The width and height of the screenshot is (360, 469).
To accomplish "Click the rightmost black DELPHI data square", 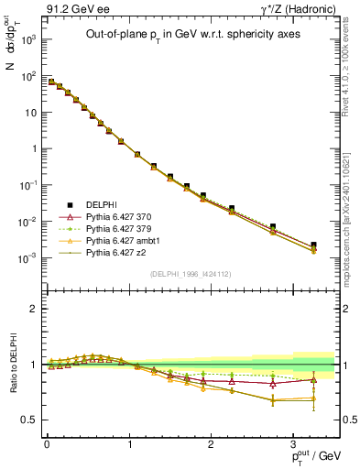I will (x=314, y=245).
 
